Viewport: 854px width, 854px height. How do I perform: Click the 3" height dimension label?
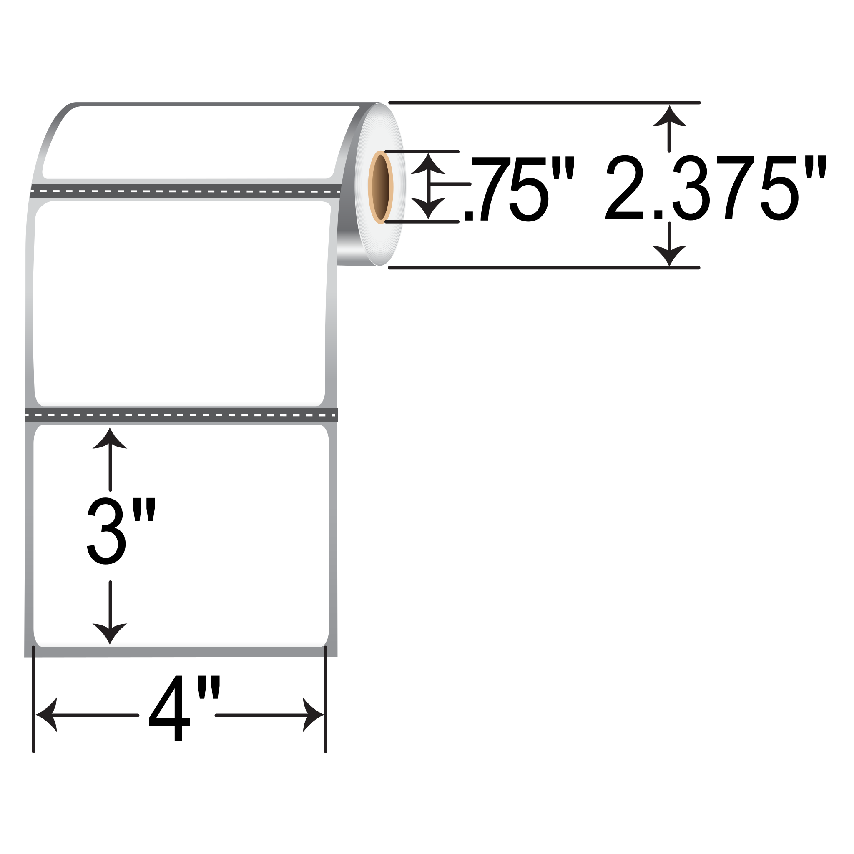point(120,531)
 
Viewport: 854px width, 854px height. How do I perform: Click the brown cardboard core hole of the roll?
point(381,187)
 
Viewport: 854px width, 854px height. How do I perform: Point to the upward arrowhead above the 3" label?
point(110,440)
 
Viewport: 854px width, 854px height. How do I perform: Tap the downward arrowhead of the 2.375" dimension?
point(669,255)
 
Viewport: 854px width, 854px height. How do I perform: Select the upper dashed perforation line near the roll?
point(186,192)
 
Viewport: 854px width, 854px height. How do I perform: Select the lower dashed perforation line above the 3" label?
point(181,415)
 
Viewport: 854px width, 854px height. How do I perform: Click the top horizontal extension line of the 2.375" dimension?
point(544,103)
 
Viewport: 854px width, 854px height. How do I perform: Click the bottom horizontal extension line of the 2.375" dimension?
point(544,268)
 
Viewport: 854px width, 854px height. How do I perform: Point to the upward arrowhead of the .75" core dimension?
point(428,163)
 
